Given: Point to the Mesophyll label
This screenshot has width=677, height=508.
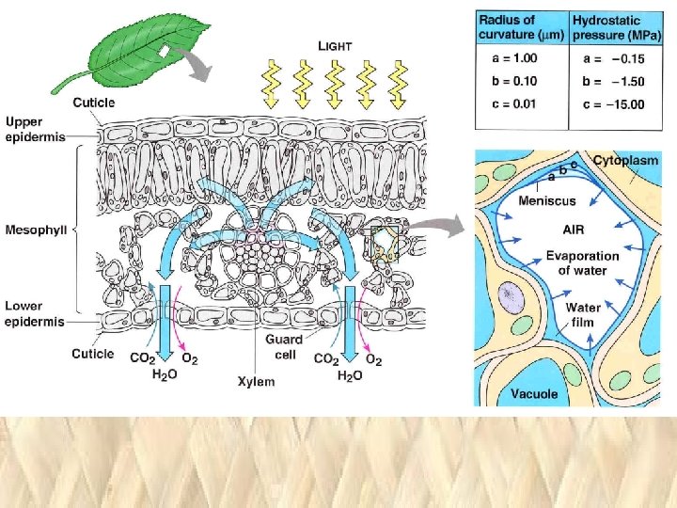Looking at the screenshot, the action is [x=36, y=228].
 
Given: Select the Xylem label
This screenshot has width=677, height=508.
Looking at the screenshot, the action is [x=256, y=381].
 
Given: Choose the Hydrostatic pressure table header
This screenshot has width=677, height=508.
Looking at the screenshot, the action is [x=618, y=28].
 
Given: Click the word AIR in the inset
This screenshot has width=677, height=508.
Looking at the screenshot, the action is [x=574, y=229].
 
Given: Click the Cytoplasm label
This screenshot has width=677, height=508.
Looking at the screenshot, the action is [x=625, y=160].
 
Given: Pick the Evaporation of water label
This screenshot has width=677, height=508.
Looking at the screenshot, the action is [x=583, y=263].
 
